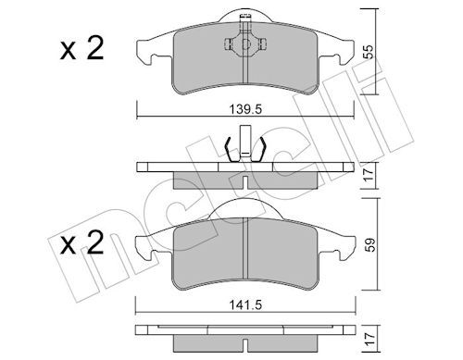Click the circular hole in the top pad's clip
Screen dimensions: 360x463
point(245,43)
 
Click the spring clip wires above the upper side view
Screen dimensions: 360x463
point(245,148)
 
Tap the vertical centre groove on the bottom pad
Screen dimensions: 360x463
point(246,250)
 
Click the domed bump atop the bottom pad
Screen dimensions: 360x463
point(246,210)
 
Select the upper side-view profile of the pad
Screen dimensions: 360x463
point(245,170)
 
